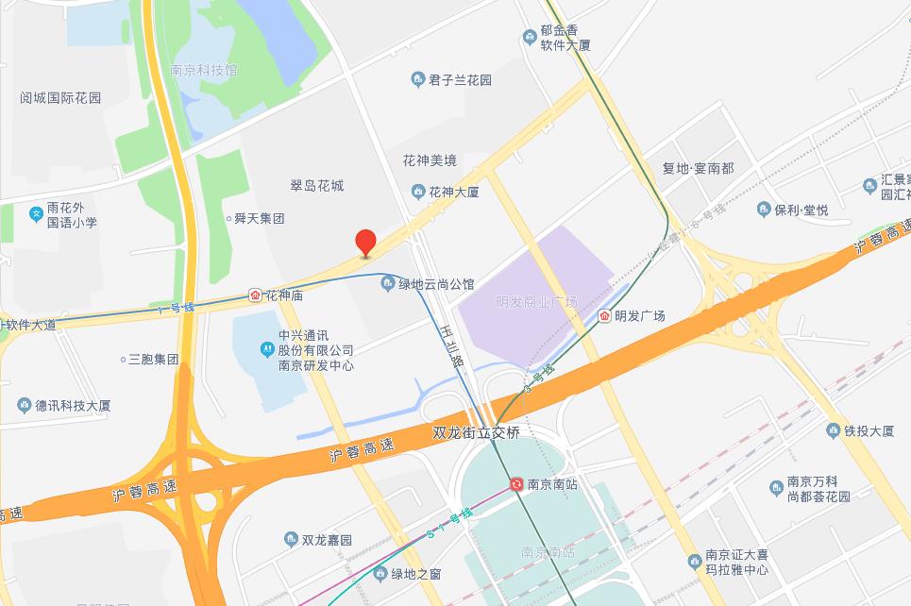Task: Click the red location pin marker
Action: [x=365, y=242]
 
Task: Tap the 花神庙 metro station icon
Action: [x=255, y=295]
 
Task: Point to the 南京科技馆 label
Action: [x=203, y=70]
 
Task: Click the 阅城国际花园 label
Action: [x=60, y=97]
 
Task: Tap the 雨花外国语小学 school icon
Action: [x=36, y=214]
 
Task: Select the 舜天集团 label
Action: [x=259, y=218]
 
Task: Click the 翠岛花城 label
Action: [x=317, y=186]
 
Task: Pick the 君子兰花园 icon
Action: [x=417, y=80]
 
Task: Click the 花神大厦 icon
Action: [x=417, y=192]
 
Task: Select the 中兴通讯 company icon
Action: [x=267, y=350]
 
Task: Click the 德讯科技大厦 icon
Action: [x=24, y=405]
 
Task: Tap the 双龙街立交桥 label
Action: [x=481, y=432]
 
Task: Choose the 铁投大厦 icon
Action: [x=833, y=430]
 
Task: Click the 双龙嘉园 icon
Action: [x=291, y=540]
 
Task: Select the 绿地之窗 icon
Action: [x=380, y=573]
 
